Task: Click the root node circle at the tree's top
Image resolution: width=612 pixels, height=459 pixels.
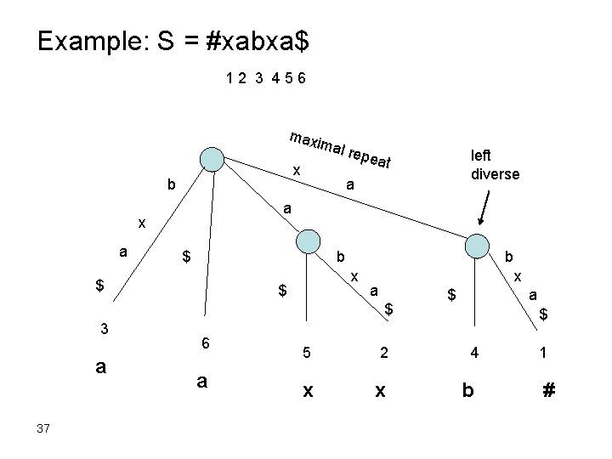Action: pyautogui.click(x=211, y=160)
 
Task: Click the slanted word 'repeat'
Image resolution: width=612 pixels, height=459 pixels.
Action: pyautogui.click(x=370, y=157)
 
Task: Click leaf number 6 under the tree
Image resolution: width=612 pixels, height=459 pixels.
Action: pyautogui.click(x=205, y=342)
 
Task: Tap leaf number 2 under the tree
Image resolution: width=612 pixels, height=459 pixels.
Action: pyautogui.click(x=384, y=352)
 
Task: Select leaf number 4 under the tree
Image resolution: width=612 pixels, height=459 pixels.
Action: pyautogui.click(x=476, y=352)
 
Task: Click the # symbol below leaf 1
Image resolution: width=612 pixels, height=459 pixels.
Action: pyautogui.click(x=549, y=391)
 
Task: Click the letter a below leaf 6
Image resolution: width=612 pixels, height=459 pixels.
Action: pyautogui.click(x=202, y=382)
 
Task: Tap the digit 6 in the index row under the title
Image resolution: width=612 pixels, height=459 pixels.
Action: pyautogui.click(x=302, y=79)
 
